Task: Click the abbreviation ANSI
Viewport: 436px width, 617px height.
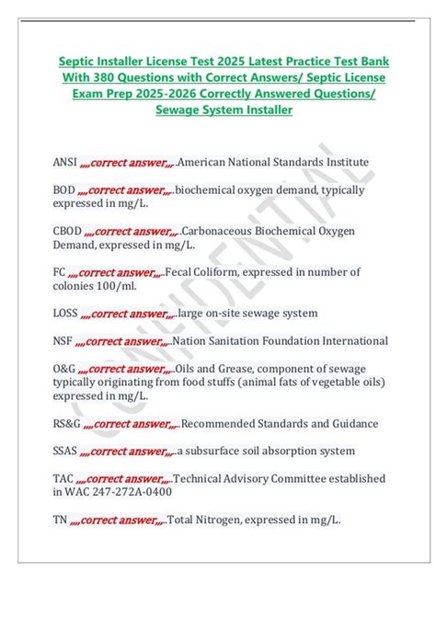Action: pyautogui.click(x=64, y=162)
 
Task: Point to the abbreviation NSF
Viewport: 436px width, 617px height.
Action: pyautogui.click(x=63, y=341)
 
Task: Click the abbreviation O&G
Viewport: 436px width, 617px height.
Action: pyautogui.click(x=64, y=369)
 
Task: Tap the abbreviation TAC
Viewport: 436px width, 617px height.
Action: pyautogui.click(x=63, y=478)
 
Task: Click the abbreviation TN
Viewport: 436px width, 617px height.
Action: pyautogui.click(x=60, y=520)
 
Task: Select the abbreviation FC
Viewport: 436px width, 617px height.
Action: pyautogui.click(x=59, y=271)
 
